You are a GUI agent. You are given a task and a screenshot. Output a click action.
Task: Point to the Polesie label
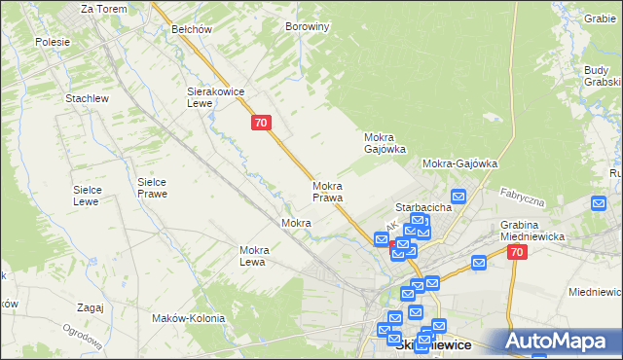(53, 42)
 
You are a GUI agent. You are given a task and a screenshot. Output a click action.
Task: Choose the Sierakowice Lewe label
(214, 97)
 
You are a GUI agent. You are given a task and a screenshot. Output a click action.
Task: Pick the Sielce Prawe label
(153, 188)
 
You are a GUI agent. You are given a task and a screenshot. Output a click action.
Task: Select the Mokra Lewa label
(253, 256)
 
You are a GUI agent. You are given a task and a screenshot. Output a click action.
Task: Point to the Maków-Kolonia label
(189, 318)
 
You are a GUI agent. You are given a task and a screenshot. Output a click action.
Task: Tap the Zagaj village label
(89, 307)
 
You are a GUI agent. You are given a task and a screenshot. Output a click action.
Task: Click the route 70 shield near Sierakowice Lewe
(260, 123)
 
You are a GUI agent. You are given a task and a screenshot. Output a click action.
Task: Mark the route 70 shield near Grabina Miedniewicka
(516, 252)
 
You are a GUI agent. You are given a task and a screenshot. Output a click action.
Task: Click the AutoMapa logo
(563, 341)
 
